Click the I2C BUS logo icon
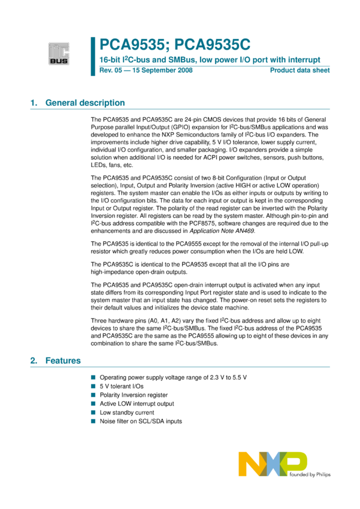point(59,53)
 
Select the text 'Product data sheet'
point(300,71)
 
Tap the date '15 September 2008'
point(158,71)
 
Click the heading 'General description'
point(85,103)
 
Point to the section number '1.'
point(34,103)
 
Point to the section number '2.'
point(34,361)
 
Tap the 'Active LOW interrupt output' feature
point(137,404)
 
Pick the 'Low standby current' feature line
point(127,413)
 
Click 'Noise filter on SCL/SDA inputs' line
point(141,422)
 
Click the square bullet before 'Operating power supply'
point(93,378)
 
